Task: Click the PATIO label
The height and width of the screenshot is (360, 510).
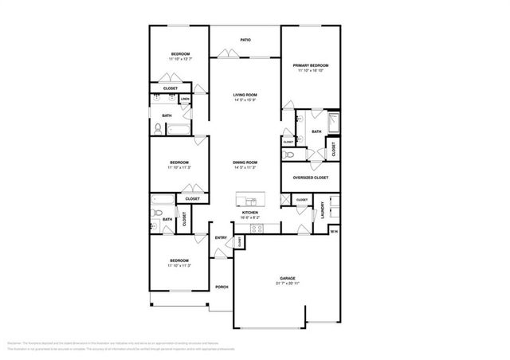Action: [x=245, y=39]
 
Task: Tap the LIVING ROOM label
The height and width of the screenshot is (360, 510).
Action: [x=245, y=95]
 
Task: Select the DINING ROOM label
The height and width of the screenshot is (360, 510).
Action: [x=245, y=162]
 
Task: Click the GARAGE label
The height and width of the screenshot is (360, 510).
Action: [x=287, y=279]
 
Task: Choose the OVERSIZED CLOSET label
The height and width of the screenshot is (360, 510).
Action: [x=311, y=178]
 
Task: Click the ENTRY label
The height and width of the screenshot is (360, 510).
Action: [x=221, y=237]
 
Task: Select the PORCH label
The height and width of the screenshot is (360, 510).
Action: [x=222, y=288]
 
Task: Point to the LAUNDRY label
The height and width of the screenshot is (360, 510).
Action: [x=323, y=209]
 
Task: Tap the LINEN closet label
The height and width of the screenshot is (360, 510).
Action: [x=184, y=100]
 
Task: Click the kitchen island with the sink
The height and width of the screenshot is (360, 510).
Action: [x=250, y=197]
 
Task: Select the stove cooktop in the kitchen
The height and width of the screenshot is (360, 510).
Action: [x=257, y=228]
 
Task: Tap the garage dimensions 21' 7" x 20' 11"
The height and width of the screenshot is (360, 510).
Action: [x=287, y=284]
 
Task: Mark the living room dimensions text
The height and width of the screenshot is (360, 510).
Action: [x=245, y=100]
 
